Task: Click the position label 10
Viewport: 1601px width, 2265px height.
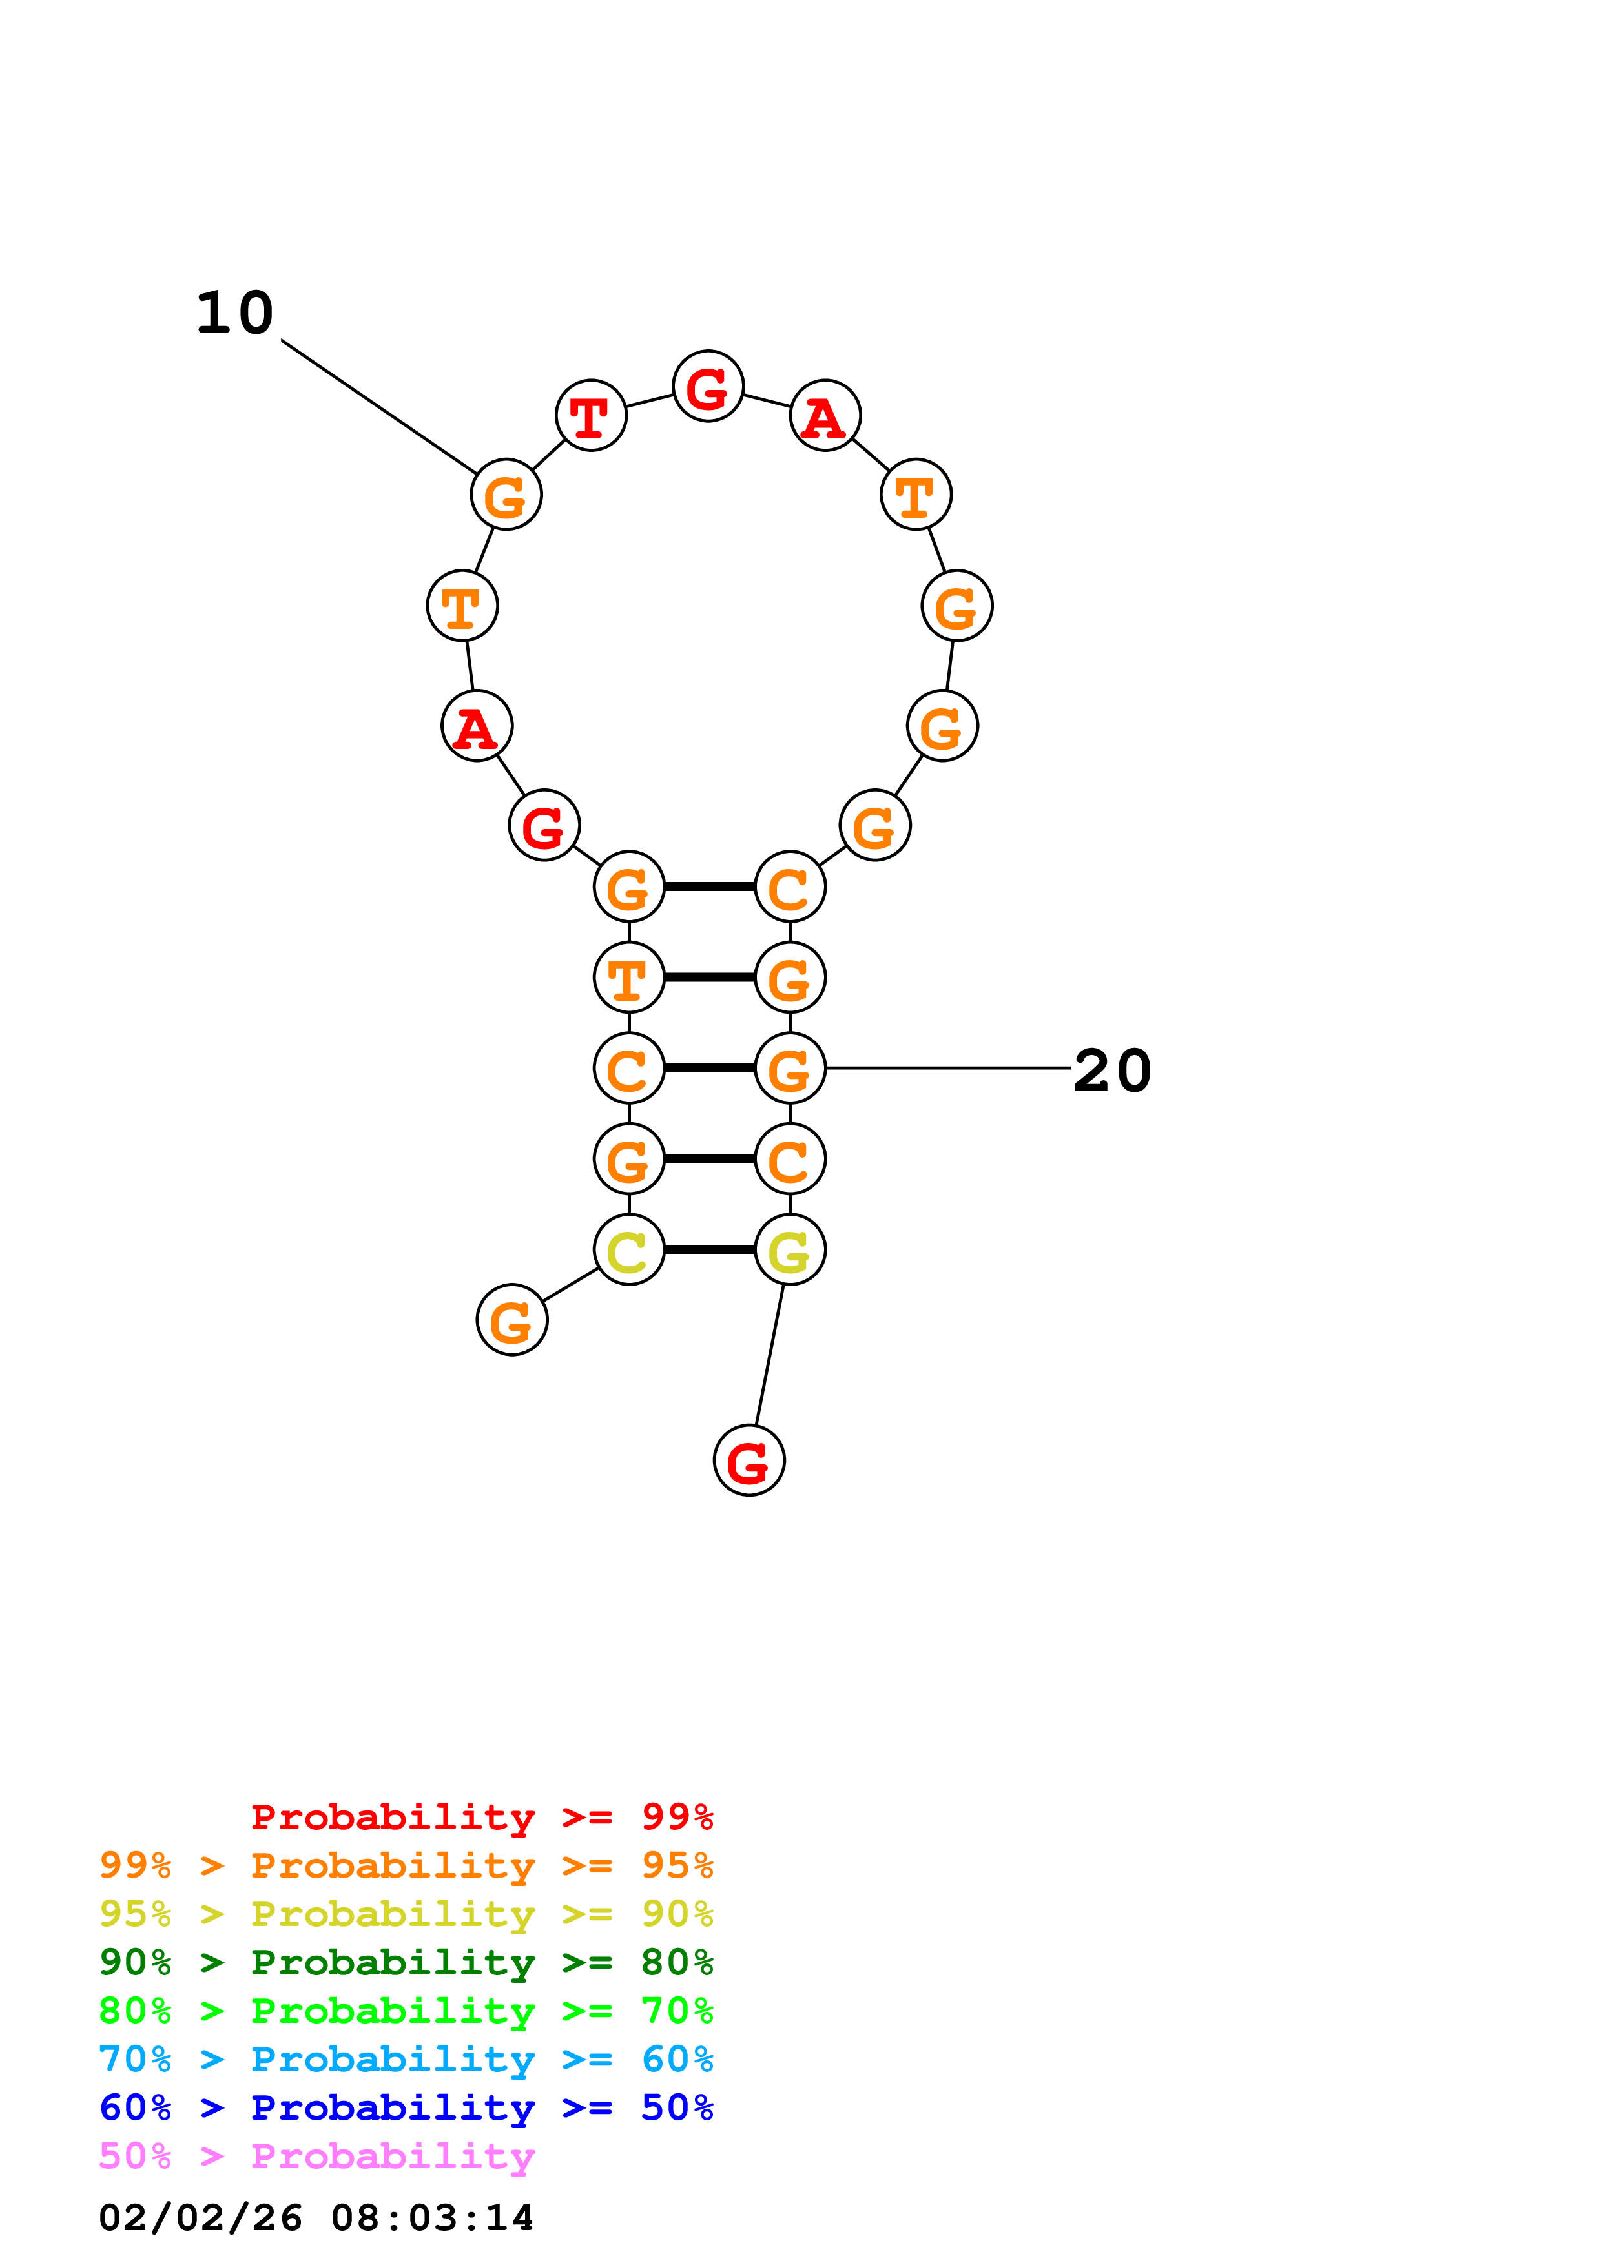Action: click(x=235, y=314)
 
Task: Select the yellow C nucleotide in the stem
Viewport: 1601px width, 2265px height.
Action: click(x=628, y=1250)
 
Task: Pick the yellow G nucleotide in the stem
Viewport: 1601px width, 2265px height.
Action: click(x=789, y=1250)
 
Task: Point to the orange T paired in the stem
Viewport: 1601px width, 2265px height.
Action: click(x=628, y=978)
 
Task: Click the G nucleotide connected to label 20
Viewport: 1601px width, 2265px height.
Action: click(x=789, y=1069)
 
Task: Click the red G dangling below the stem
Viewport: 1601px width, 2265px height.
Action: click(x=749, y=1461)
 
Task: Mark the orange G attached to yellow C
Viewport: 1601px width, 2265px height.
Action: click(x=512, y=1320)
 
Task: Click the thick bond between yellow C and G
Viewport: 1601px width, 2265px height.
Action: click(x=709, y=1250)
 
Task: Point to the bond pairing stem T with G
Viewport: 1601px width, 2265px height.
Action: click(x=709, y=978)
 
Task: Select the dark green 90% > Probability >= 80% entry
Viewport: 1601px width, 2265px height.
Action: click(x=406, y=1962)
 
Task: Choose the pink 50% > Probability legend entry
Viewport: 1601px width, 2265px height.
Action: click(x=316, y=2157)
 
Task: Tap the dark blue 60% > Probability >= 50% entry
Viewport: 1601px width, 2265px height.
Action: click(x=406, y=2107)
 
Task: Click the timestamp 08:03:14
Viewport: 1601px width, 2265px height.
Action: click(x=432, y=2219)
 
